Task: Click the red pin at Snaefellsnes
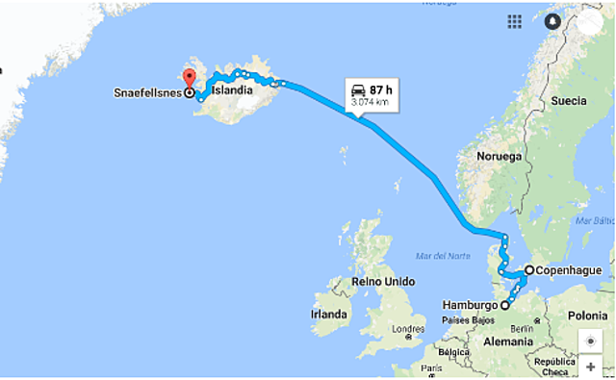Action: (x=189, y=79)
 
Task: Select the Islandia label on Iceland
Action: (x=232, y=91)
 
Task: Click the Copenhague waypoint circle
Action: (x=528, y=270)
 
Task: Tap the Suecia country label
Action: (x=568, y=101)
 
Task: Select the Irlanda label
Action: (x=328, y=315)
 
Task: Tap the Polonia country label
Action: (x=587, y=316)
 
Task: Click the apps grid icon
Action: (x=515, y=21)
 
